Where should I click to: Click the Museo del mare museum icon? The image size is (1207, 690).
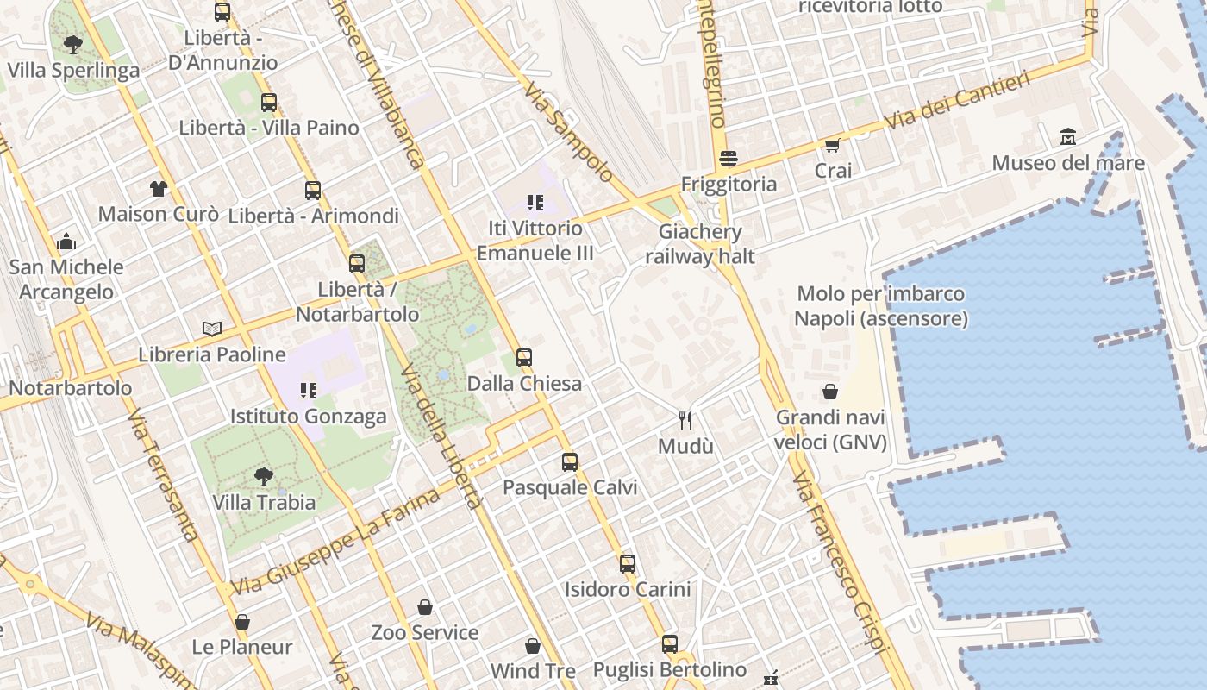click(x=1068, y=137)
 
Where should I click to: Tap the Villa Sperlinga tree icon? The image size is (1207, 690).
click(x=73, y=44)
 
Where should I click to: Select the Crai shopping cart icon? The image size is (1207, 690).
click(x=832, y=145)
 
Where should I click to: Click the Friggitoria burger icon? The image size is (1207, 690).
click(x=729, y=159)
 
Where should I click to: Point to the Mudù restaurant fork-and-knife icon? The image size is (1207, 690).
click(x=685, y=421)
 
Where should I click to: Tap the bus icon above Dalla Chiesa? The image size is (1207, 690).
click(x=524, y=358)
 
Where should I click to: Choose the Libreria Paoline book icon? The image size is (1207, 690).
click(x=212, y=329)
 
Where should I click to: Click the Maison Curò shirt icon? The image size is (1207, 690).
click(x=158, y=189)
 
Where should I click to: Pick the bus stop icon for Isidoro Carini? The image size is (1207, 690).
click(x=628, y=564)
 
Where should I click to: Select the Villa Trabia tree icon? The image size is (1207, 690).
click(x=264, y=476)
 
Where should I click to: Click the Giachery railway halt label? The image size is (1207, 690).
click(x=699, y=244)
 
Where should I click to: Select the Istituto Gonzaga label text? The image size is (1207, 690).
click(x=308, y=417)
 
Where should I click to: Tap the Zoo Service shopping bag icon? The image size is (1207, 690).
click(x=425, y=607)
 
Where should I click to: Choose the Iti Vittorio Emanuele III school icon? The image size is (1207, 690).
click(x=535, y=203)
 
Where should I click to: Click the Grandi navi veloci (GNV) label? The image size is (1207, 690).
click(x=830, y=430)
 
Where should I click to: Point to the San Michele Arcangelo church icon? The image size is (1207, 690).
click(x=66, y=242)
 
